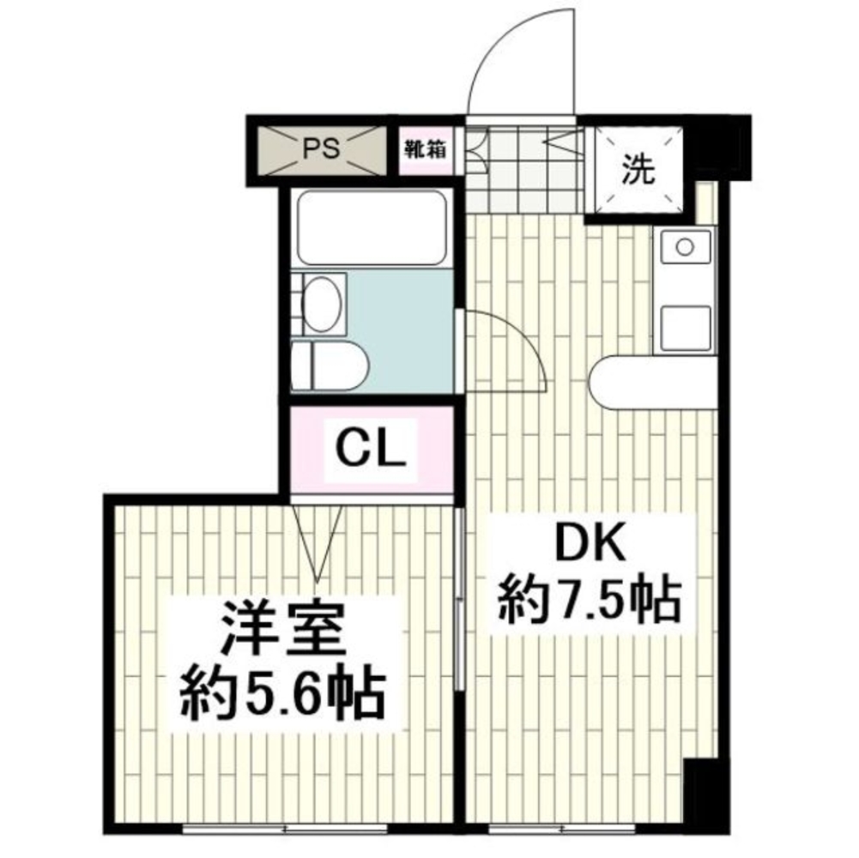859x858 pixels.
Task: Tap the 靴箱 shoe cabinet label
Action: [x=425, y=148]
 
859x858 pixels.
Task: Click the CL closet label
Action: [x=370, y=449]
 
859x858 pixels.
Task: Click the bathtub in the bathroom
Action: [x=371, y=227]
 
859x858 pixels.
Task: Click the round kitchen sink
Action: [x=684, y=247]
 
